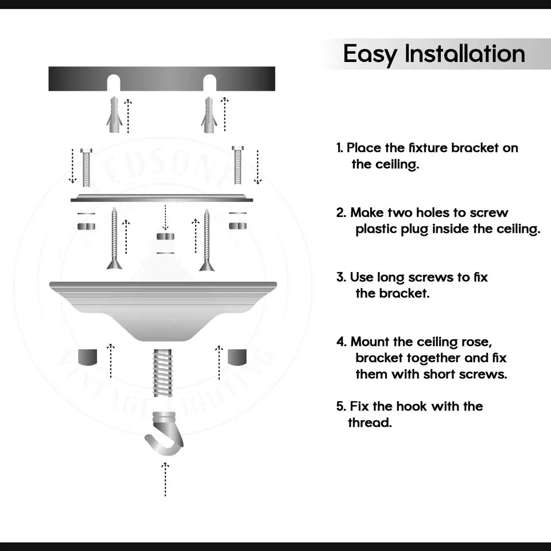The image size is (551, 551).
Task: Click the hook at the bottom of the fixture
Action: point(165,434)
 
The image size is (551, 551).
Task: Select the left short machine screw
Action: point(86,166)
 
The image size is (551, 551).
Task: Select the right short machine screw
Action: point(238,165)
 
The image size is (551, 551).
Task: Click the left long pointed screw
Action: point(114,239)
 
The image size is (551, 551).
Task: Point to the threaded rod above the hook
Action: point(164,373)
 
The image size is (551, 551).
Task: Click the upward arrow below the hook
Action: point(165,479)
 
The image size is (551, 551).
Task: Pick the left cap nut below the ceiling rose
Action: point(87,356)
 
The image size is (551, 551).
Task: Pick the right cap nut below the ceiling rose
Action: point(237,356)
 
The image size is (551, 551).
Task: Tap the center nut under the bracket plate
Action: point(165,236)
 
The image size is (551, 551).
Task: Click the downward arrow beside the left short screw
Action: point(72,166)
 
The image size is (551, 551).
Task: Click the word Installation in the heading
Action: point(465,54)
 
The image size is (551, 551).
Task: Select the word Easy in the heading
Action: point(370,55)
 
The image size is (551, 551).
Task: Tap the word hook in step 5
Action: point(412,406)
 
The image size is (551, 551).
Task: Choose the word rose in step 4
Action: point(475,342)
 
